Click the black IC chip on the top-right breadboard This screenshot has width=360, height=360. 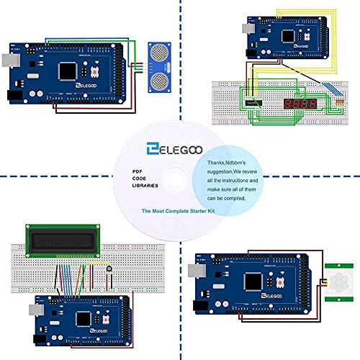point(253,103)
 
